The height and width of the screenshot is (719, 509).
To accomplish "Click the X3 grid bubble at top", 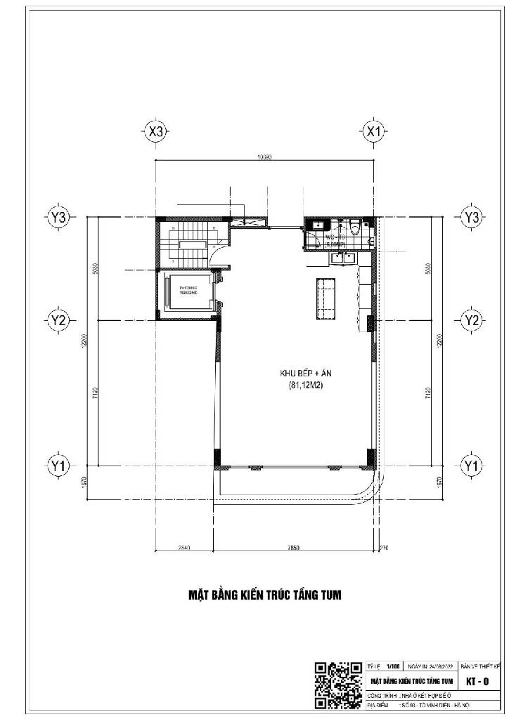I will coord(156,131).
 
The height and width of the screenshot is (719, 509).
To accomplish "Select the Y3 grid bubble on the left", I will coord(59,218).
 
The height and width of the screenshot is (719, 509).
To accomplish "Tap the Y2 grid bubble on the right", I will coord(470,320).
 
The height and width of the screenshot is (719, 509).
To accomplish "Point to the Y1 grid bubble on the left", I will coord(59,465).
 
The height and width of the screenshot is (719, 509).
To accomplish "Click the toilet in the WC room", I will coord(356,228).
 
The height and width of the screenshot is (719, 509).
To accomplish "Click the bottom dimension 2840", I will coord(183,546).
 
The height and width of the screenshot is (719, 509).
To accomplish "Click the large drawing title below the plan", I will coord(265,595).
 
